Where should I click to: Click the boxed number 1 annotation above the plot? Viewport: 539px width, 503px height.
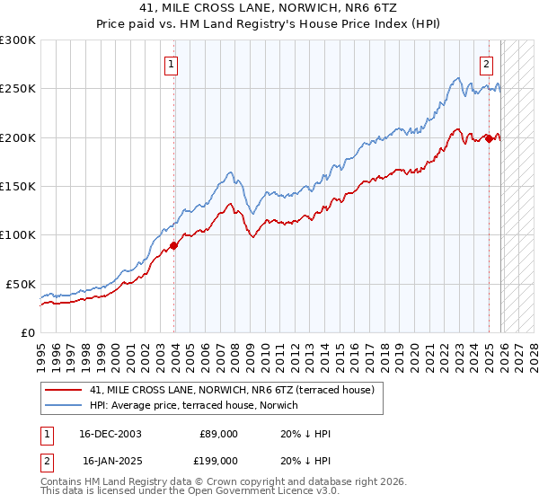171,64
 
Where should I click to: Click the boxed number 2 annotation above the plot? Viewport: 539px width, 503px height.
486,64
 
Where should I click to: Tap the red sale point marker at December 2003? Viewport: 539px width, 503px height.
174,245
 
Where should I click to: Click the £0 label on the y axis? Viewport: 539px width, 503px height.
27,332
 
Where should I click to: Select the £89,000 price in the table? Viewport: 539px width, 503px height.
218,434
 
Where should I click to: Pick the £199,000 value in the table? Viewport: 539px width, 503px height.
218,460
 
